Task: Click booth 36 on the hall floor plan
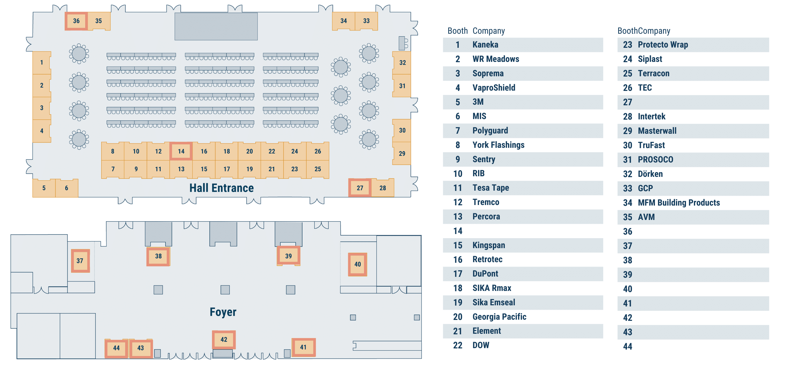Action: [x=76, y=21]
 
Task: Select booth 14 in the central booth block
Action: [x=181, y=151]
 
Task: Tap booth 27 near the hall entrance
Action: [x=360, y=188]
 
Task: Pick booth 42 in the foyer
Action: [x=224, y=339]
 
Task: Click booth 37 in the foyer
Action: [x=80, y=261]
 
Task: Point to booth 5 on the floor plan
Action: [x=44, y=188]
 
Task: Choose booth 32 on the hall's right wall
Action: [x=402, y=63]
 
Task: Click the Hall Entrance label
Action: [x=221, y=188]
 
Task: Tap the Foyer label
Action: [x=223, y=312]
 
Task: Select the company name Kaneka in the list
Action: [x=485, y=45]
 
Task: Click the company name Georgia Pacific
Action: [x=499, y=317]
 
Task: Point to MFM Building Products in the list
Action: [x=679, y=203]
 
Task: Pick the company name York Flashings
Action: [x=498, y=145]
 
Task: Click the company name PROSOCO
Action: [x=655, y=160]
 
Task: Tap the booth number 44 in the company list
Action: [x=628, y=346]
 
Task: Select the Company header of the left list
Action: [x=488, y=31]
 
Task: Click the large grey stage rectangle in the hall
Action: [x=216, y=26]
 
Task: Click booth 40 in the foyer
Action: [x=358, y=264]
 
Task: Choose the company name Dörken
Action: [x=650, y=174]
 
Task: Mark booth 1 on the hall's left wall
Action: [x=42, y=63]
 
